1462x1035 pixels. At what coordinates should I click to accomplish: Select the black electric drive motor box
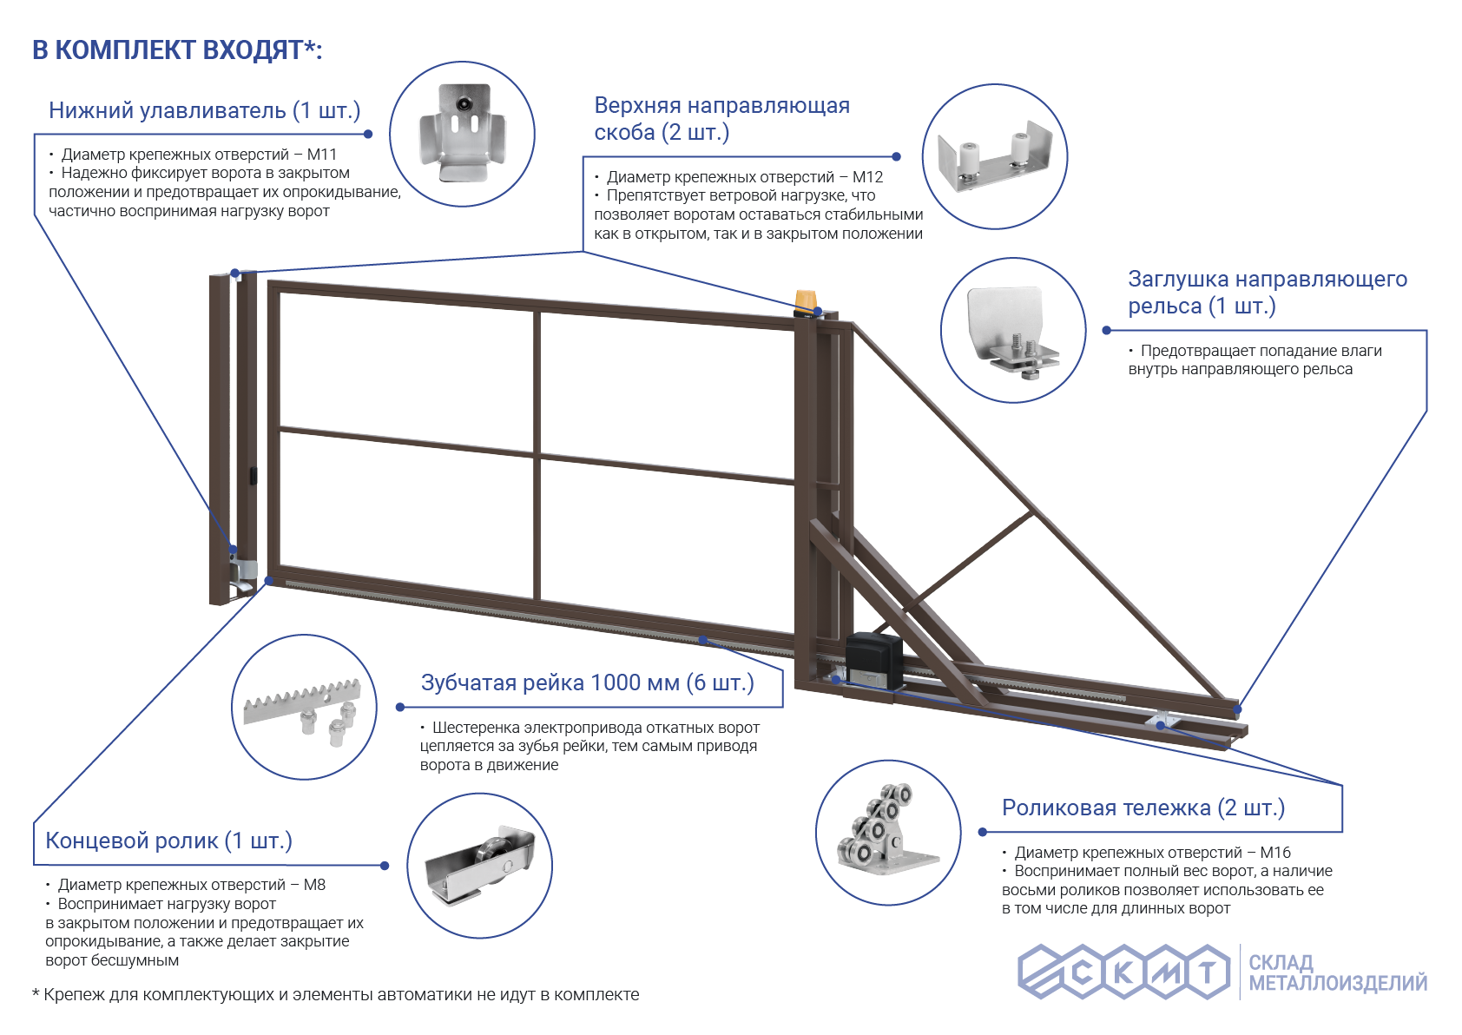click(x=874, y=659)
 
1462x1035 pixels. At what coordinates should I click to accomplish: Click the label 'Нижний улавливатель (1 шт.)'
click(x=204, y=110)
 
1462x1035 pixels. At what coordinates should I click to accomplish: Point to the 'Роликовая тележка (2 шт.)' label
click(x=1143, y=808)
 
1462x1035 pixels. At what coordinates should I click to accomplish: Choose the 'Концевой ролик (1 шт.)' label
click(x=168, y=841)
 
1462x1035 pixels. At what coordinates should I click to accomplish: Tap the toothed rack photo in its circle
click(x=303, y=710)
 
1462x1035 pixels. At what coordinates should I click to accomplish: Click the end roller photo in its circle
click(x=480, y=866)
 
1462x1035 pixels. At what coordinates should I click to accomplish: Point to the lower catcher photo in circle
click(x=462, y=133)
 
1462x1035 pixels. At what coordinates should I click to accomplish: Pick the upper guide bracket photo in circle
click(x=995, y=156)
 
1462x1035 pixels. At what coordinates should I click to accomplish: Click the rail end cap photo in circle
click(x=1012, y=333)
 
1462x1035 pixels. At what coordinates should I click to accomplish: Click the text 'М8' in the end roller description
click(x=314, y=885)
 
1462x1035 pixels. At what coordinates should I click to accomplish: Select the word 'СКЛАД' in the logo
click(x=1281, y=963)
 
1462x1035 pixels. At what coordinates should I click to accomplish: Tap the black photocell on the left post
click(x=254, y=476)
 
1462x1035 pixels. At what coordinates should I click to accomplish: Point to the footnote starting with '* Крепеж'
click(x=335, y=994)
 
